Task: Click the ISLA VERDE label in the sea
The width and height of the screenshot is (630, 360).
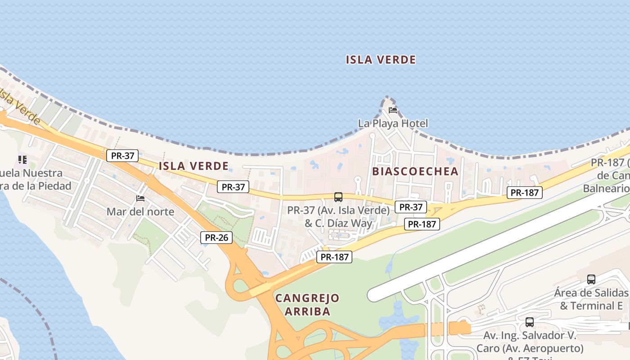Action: click(x=381, y=59)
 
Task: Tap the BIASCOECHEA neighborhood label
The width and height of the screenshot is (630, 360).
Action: click(x=415, y=171)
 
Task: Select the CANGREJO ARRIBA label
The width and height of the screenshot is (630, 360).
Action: click(x=307, y=304)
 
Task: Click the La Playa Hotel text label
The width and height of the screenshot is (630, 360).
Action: click(x=393, y=123)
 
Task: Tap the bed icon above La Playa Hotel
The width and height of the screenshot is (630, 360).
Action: click(x=393, y=110)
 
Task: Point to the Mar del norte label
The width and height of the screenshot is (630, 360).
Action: click(x=140, y=211)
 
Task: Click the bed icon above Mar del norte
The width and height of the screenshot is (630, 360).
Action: click(x=140, y=198)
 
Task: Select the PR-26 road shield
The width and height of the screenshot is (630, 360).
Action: click(x=216, y=237)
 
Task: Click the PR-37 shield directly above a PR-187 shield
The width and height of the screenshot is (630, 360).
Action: click(x=411, y=207)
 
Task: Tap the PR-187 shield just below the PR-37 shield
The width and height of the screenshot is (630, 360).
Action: click(x=422, y=224)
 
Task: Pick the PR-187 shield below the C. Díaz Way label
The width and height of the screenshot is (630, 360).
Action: click(x=334, y=257)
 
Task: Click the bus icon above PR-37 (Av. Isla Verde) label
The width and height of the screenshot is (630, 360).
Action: click(x=338, y=197)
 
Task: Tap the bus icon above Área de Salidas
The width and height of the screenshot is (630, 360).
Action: click(x=591, y=279)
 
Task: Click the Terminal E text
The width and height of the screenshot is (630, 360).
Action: click(x=598, y=306)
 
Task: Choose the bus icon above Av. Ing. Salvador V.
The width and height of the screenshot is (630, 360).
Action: click(x=530, y=322)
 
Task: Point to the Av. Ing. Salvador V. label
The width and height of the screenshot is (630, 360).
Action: click(x=530, y=336)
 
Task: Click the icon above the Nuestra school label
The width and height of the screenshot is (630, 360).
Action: click(x=22, y=159)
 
